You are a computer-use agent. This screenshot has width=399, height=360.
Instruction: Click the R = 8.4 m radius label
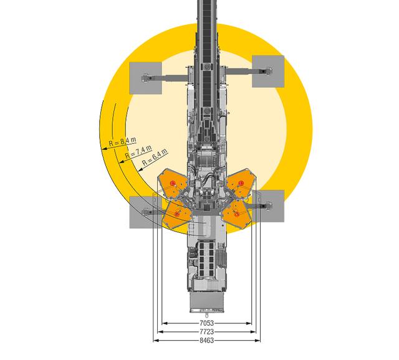(x=122, y=141)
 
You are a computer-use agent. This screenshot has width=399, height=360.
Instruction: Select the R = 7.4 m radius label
(x=138, y=151)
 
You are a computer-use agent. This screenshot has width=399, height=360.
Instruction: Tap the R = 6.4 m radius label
(x=155, y=156)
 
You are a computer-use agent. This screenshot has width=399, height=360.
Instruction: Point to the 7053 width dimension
(x=206, y=323)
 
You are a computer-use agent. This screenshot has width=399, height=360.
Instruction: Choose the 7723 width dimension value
(x=206, y=331)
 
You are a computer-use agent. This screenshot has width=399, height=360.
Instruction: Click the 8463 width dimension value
(x=206, y=340)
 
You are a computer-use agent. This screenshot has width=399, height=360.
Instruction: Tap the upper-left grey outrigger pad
(x=145, y=78)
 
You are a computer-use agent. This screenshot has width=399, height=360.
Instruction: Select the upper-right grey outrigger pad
(x=268, y=72)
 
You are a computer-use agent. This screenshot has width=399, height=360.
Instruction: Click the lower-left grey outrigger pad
(x=145, y=212)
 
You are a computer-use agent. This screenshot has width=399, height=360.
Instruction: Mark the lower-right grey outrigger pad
(x=268, y=206)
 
